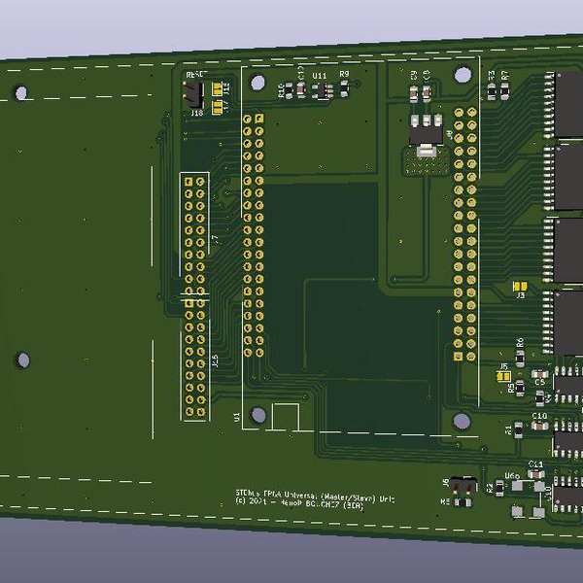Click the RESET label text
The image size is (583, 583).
coord(197,75)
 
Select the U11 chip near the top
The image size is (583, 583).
coord(320,90)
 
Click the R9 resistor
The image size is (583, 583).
coord(344,88)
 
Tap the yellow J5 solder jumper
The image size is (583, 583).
coord(503,375)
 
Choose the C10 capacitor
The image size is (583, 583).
coord(539,426)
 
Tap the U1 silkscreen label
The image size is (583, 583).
coord(236,417)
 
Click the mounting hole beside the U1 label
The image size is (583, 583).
coord(257,415)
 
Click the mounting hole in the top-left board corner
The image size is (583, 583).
coord(20,93)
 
